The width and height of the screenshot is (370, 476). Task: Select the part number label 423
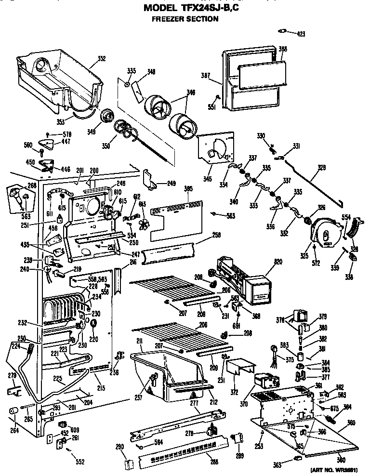point(301,34)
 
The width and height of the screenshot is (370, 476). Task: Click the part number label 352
point(102,59)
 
